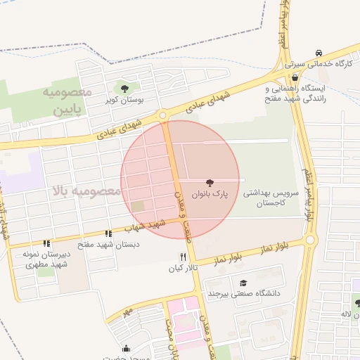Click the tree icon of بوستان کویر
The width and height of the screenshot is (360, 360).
coord(124,89)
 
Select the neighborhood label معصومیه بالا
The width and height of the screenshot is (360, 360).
coord(78,191)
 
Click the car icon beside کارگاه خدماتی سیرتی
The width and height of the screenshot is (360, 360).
coord(319,53)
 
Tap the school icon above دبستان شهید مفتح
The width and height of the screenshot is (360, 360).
coord(108,234)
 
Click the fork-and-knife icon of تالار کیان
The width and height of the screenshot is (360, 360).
coord(184,257)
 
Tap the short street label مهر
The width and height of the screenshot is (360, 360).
coord(127,310)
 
